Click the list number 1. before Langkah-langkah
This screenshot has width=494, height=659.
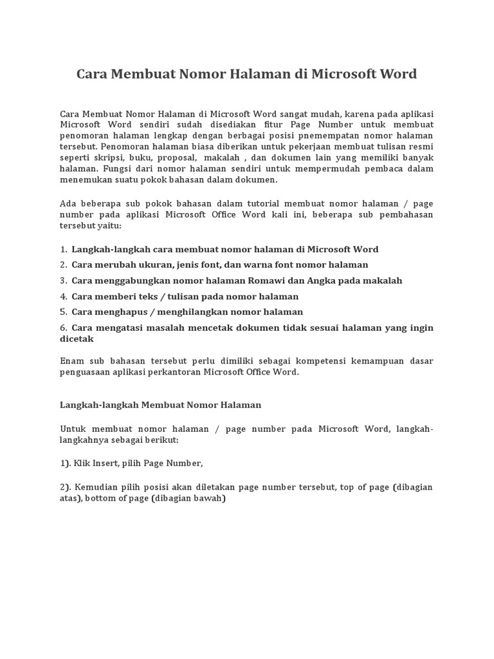[64, 249]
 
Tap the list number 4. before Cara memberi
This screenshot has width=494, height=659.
[64, 297]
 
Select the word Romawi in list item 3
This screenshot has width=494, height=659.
[268, 281]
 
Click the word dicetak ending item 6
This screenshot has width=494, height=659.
[77, 339]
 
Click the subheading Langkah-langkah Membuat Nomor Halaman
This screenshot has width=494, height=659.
[160, 405]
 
